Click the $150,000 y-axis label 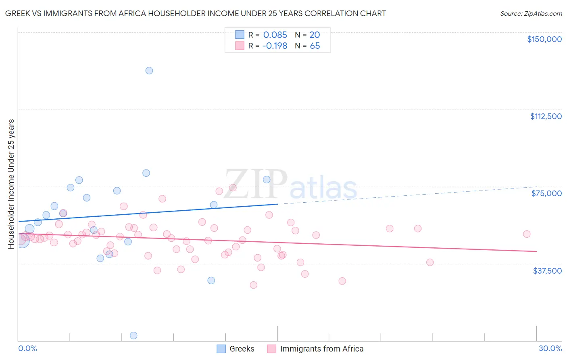[544, 39]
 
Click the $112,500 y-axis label [546, 116]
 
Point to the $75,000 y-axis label [546, 193]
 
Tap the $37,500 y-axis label [547, 271]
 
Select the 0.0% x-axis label [27, 348]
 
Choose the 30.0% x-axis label [550, 348]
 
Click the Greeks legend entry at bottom [242, 349]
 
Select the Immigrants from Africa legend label [321, 349]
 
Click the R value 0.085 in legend [275, 35]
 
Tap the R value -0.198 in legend [275, 46]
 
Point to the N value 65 [315, 46]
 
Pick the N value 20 [315, 35]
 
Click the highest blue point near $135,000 [149, 71]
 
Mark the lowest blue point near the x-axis [133, 335]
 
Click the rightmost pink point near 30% [527, 234]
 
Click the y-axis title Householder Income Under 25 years [11, 184]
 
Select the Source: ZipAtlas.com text [531, 14]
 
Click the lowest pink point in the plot [253, 285]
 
